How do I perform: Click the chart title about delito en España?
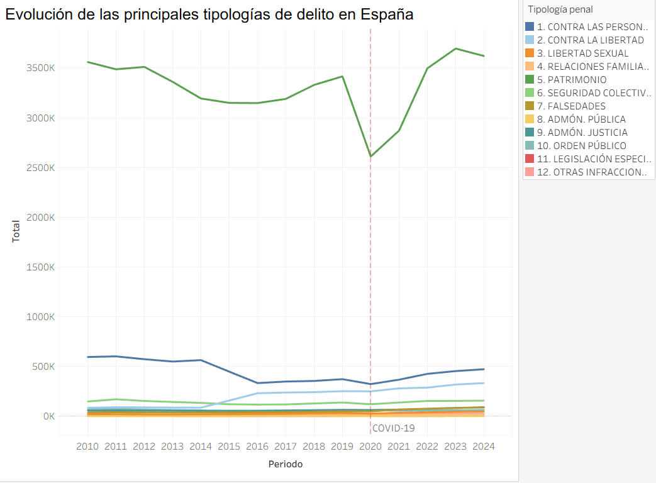209,14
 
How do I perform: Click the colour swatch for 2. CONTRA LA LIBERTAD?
530,40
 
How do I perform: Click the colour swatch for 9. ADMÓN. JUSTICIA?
530,133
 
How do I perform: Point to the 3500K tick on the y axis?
41,68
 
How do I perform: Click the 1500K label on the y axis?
41,267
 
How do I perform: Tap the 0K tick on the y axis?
48,416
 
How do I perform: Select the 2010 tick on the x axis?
87,446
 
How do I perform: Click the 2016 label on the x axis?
257,446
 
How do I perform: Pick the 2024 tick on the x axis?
484,446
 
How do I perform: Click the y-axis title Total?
16,230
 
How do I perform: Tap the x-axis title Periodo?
285,465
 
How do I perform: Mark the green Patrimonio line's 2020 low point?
370,156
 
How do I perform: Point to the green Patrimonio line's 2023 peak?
455,48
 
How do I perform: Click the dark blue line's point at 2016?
257,383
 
